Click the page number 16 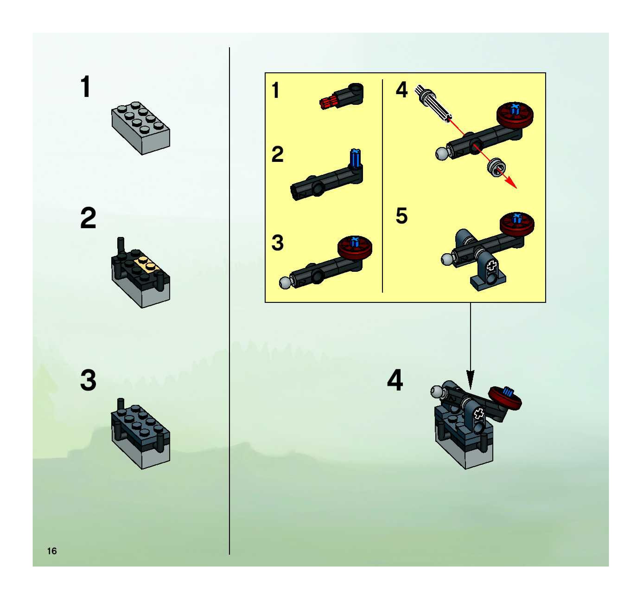52,551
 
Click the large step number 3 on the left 88,381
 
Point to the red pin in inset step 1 328,102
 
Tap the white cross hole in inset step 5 492,266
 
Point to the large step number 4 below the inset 395,380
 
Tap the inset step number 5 402,216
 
